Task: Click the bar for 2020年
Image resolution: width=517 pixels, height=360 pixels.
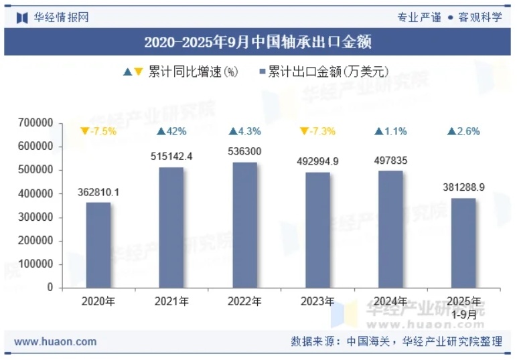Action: point(98,245)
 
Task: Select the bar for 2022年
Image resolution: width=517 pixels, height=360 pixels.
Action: point(244,225)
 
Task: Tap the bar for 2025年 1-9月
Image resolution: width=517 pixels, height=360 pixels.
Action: point(463,243)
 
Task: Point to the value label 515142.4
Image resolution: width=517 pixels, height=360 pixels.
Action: point(171,156)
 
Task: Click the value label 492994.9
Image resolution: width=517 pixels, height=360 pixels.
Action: point(317,161)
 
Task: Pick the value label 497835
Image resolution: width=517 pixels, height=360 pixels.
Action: point(390,160)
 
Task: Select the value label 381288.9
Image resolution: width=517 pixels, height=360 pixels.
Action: point(463,187)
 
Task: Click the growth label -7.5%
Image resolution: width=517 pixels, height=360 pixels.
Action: point(98,131)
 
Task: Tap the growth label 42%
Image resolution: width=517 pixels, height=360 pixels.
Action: point(171,131)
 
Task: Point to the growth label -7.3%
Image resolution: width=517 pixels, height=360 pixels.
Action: point(317,131)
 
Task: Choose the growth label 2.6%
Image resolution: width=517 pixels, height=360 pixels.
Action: point(463,131)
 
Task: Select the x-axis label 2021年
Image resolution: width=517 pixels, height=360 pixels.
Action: point(171,302)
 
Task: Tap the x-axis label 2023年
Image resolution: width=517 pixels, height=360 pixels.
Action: point(317,302)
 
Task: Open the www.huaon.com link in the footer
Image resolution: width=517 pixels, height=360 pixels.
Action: point(55,341)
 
